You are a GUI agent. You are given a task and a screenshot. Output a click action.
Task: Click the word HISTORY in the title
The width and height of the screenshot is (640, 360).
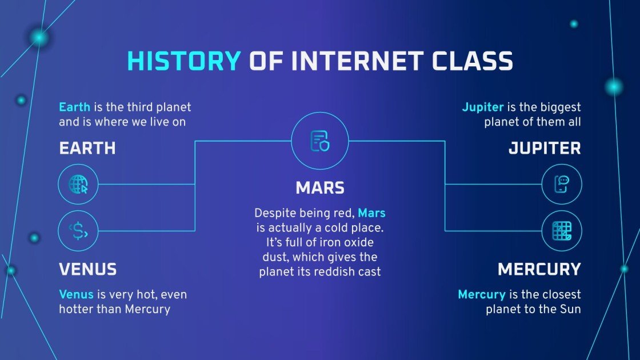(x=183, y=61)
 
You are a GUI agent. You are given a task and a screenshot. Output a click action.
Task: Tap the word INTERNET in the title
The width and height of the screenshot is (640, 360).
(x=361, y=61)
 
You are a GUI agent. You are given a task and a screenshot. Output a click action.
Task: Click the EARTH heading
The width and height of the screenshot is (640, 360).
(x=87, y=149)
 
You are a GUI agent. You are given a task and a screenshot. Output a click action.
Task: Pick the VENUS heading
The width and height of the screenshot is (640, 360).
(x=88, y=269)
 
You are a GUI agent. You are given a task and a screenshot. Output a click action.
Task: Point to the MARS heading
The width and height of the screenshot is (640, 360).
(x=320, y=187)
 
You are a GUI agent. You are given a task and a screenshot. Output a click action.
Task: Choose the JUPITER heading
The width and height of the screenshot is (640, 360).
(x=545, y=149)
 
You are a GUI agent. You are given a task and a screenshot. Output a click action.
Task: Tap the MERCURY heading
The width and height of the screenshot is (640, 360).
(x=539, y=269)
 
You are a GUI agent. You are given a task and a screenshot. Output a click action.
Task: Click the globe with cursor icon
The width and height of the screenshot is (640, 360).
(x=78, y=185)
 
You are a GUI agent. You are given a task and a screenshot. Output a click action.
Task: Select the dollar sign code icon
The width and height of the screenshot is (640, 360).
(x=78, y=231)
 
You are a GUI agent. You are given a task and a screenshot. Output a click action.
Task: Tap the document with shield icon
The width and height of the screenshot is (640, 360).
(x=320, y=141)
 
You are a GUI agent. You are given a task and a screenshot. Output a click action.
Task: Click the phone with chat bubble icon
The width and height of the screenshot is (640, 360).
(x=561, y=185)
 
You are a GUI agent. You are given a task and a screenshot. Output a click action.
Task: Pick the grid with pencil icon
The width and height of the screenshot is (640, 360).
(x=561, y=231)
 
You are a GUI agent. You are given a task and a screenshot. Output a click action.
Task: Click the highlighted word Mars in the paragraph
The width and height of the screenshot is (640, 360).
(x=371, y=214)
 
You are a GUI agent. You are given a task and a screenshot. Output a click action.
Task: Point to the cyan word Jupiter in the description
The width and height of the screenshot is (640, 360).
(x=482, y=107)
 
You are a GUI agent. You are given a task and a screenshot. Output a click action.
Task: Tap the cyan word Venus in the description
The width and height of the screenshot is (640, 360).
(x=75, y=295)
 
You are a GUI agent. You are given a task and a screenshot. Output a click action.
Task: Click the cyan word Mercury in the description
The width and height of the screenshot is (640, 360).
(x=481, y=295)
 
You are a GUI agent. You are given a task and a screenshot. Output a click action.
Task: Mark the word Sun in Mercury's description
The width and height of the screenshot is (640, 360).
(x=570, y=309)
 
